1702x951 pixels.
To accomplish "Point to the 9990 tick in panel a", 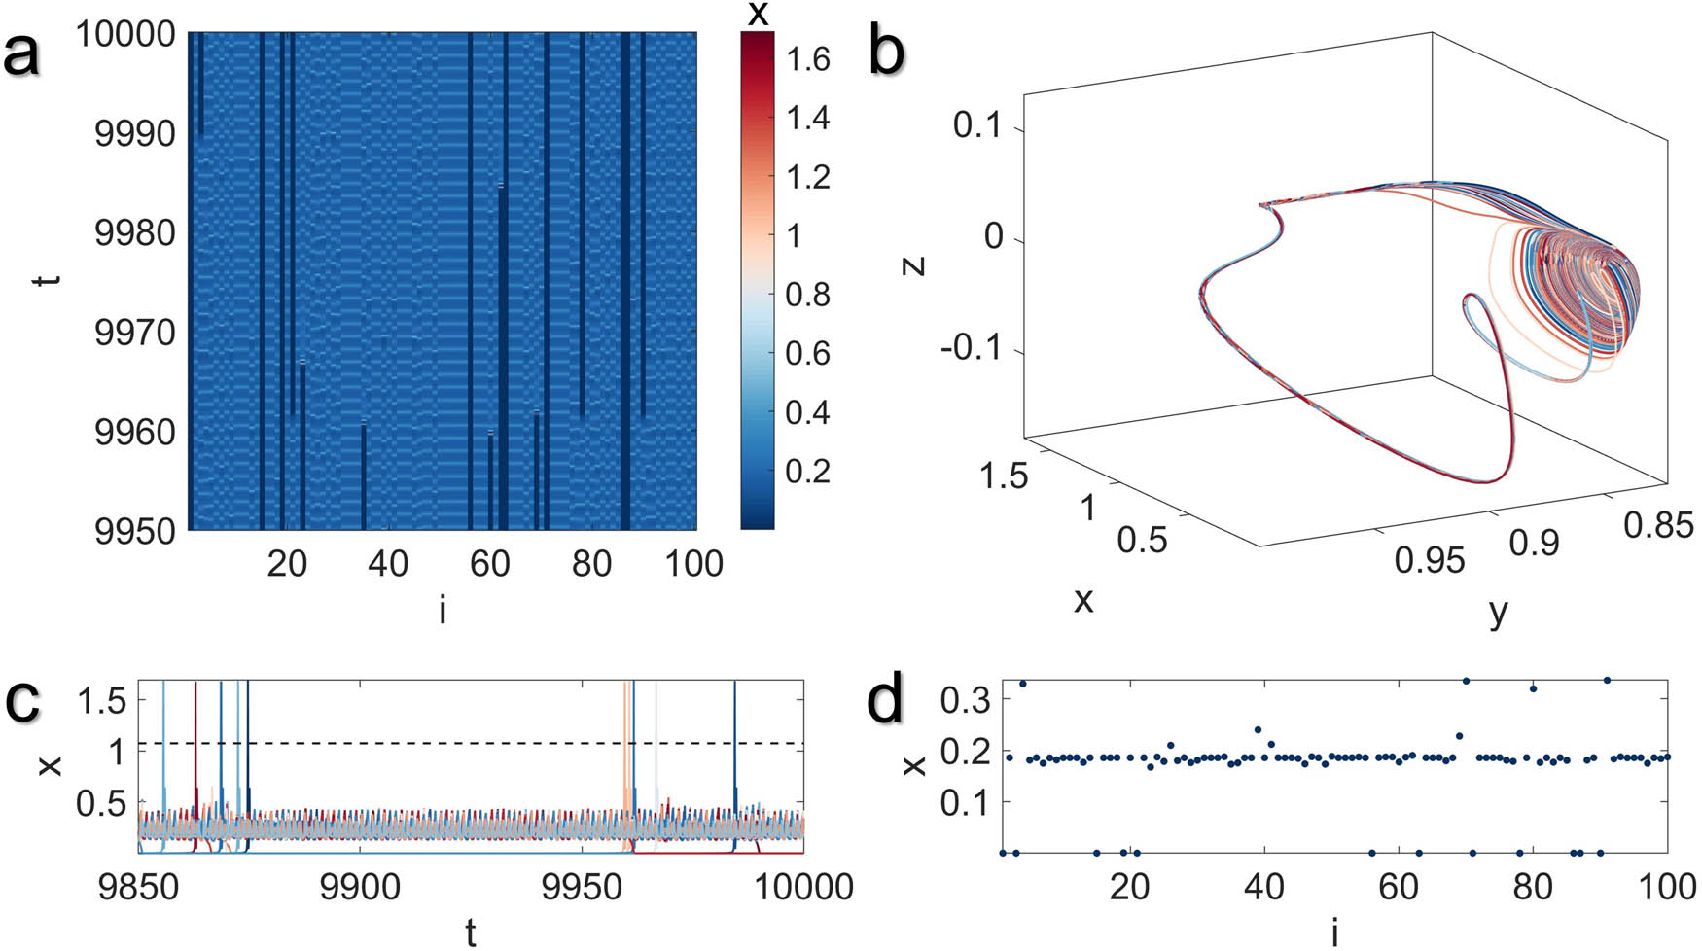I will coord(134,133).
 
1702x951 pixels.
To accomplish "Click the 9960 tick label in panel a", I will coord(134,433).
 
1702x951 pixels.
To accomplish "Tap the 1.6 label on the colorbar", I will coord(807,60).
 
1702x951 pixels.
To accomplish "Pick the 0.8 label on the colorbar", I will coord(807,295).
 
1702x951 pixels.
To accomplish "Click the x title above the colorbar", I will coord(758,14).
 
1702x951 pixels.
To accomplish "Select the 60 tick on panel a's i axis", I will coord(489,563).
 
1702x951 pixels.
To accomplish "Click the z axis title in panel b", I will coord(913,264).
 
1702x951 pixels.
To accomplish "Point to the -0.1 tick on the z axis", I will coord(973,348).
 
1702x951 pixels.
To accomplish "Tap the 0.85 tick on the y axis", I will coord(1658,525).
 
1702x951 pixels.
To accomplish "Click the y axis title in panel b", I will coord(1499,612).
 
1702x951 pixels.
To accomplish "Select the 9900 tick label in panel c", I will coord(359,887).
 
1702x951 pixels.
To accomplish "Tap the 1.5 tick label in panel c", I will coord(105,700).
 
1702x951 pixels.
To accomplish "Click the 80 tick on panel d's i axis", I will coord(1533,887).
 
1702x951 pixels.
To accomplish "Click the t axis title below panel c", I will coord(471,932).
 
